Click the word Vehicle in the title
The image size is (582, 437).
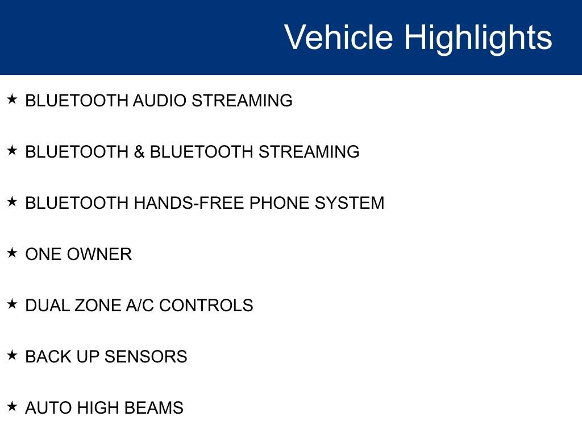click(339, 37)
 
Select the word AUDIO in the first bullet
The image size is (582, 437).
click(160, 101)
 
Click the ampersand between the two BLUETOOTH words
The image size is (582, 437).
click(139, 152)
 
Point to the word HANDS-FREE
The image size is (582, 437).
click(189, 203)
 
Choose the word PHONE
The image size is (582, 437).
click(280, 203)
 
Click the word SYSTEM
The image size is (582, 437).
click(350, 203)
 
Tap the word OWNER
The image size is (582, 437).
click(99, 254)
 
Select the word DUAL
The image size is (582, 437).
click(47, 306)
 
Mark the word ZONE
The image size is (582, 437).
click(98, 306)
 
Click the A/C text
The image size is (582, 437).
click(140, 306)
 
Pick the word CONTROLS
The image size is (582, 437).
click(206, 306)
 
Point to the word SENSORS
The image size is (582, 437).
click(145, 357)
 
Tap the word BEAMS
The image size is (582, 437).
click(153, 408)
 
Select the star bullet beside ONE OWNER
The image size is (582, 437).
click(13, 253)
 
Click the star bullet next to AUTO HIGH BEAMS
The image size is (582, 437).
click(13, 406)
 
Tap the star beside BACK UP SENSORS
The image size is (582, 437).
click(13, 355)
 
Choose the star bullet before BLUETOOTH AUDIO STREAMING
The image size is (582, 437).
click(13, 99)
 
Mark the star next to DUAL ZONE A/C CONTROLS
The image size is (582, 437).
click(13, 304)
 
